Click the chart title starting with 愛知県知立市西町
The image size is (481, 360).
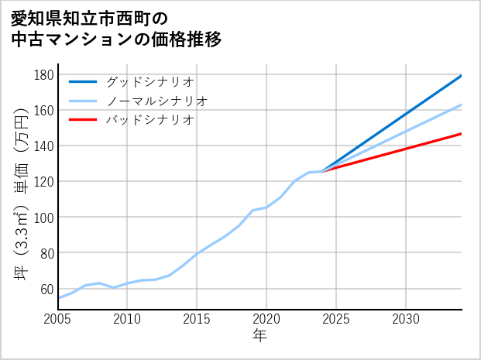[116, 29]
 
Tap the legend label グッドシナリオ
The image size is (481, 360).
[150, 81]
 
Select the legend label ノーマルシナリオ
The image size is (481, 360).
[157, 101]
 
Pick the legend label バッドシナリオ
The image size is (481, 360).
[150, 120]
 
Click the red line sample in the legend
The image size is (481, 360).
[83, 120]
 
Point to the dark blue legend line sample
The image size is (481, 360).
[83, 81]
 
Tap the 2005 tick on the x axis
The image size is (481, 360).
[58, 320]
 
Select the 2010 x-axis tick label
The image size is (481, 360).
[128, 320]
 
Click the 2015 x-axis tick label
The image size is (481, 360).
[197, 320]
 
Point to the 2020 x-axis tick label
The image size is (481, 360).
[266, 320]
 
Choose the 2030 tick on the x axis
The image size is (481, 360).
[406, 320]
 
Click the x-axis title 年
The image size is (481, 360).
[260, 337]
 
